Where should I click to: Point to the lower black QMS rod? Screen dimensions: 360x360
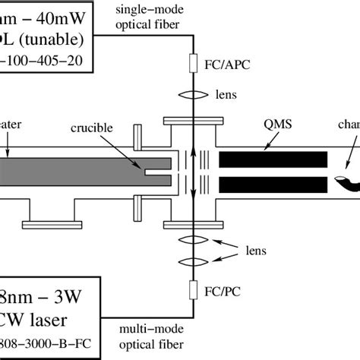273,185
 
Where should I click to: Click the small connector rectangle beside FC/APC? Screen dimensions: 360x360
194,65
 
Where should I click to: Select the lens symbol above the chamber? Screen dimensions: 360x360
194,95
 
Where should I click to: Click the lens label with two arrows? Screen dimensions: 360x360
251,248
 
